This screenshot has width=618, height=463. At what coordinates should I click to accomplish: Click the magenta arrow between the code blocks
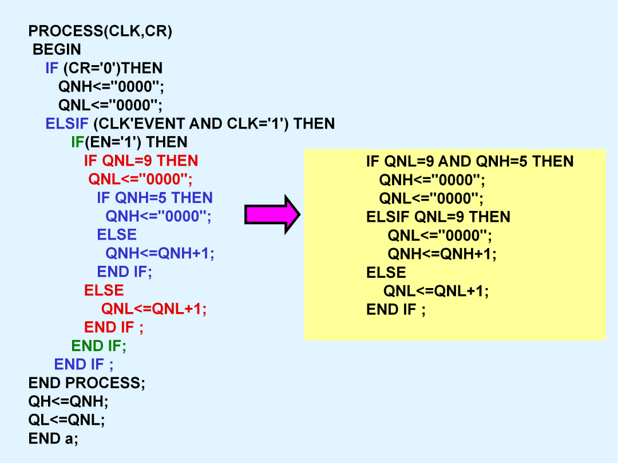point(272,214)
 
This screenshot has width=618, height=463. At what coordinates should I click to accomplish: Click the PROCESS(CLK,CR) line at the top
point(100,31)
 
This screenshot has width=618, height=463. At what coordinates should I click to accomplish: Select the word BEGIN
point(57,50)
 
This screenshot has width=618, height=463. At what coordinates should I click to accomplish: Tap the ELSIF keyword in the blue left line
point(67,123)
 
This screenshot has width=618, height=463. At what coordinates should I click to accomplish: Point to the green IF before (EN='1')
point(78,142)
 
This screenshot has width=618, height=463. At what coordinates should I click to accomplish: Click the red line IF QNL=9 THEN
point(141,161)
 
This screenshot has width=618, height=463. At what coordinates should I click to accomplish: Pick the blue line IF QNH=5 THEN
point(155,198)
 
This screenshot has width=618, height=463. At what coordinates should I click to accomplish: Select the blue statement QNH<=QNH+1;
point(160,253)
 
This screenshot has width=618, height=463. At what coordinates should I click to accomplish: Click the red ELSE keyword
point(104,290)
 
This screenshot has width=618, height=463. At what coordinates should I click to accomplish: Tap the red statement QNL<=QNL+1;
point(154,309)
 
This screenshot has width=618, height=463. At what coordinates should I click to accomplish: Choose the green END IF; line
point(98,346)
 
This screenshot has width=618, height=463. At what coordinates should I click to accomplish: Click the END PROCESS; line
point(87,382)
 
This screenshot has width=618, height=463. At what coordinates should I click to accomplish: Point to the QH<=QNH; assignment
point(68,401)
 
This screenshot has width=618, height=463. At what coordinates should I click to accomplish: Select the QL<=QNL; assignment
point(66,420)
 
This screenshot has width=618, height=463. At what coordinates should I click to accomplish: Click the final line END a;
point(53,438)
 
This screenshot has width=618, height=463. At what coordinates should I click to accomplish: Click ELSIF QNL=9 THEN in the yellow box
point(438,217)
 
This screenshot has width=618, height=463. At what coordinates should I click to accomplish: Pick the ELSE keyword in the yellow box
point(386,273)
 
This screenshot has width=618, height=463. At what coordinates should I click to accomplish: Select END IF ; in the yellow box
point(396,309)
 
